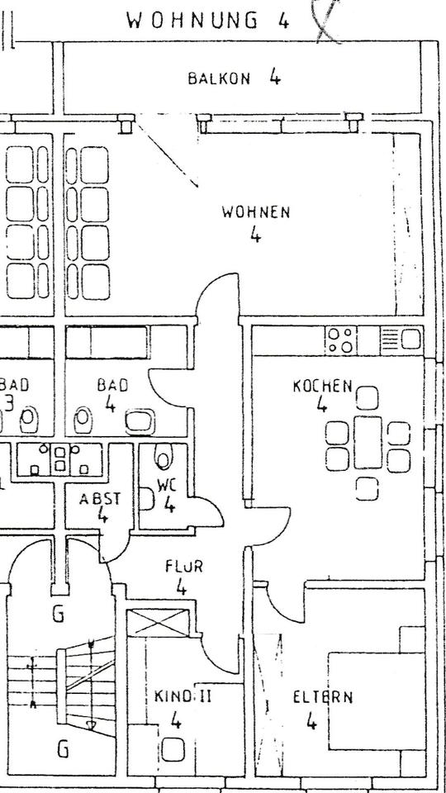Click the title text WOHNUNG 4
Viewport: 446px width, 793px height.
(x=208, y=21)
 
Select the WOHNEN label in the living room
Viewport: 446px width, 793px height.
(x=256, y=212)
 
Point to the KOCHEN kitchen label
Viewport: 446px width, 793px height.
(x=322, y=387)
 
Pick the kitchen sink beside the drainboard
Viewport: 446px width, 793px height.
(x=411, y=339)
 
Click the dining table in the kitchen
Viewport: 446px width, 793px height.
(x=368, y=442)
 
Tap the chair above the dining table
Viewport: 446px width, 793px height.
(x=367, y=397)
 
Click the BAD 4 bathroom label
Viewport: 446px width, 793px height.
(x=113, y=395)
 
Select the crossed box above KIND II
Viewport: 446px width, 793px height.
(x=157, y=623)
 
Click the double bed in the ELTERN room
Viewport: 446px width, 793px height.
(x=377, y=701)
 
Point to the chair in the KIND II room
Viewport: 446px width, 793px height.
(x=173, y=749)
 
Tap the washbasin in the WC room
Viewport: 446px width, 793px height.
(x=147, y=499)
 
